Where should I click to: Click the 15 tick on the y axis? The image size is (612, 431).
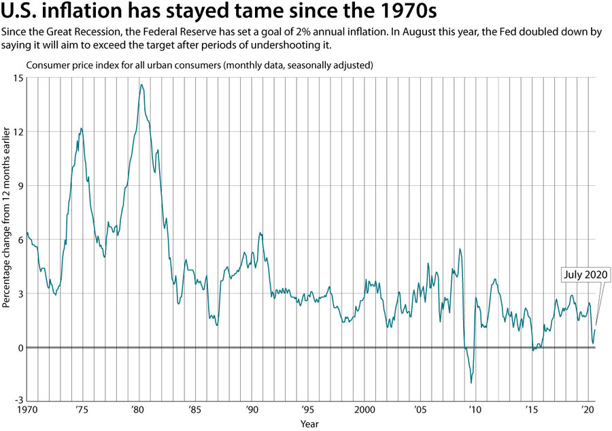pos(16,78)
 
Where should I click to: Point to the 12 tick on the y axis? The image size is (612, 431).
pos(16,131)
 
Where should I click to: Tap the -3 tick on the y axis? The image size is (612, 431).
pos(16,401)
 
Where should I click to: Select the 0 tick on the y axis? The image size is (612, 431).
pos(18,347)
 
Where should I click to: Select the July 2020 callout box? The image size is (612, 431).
pos(585,275)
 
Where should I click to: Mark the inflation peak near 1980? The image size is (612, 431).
pos(141,84)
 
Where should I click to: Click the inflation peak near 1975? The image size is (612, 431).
pos(81,128)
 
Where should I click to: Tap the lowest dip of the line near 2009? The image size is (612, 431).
pos(471,383)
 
